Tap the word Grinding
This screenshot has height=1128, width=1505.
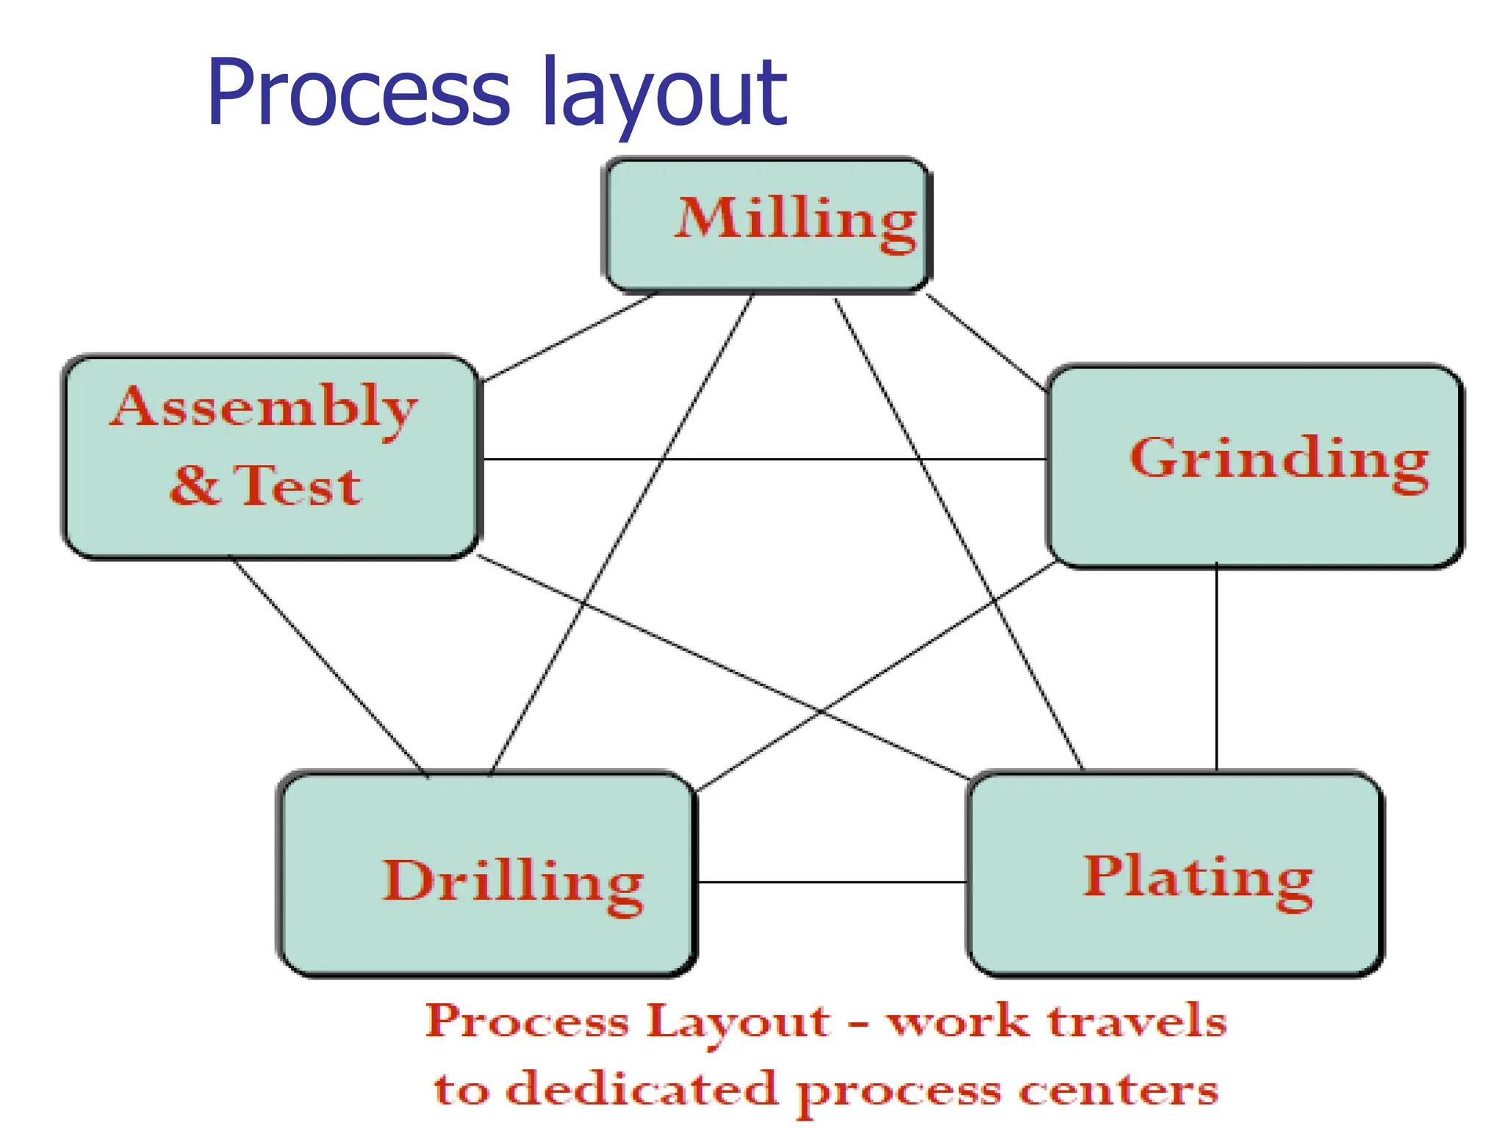click(x=1279, y=459)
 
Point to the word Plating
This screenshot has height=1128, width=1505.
click(x=1198, y=877)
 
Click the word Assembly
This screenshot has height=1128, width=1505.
click(x=264, y=408)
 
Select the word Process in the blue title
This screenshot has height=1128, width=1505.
click(x=358, y=94)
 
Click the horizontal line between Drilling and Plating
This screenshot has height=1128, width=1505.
click(x=830, y=882)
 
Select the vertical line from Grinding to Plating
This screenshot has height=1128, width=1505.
click(x=1216, y=668)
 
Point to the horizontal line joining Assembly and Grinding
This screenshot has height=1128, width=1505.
click(x=764, y=459)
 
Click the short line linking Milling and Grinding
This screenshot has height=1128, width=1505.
click(x=985, y=341)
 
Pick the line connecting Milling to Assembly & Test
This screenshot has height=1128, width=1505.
click(x=570, y=338)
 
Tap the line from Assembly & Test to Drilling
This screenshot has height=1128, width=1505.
click(x=331, y=667)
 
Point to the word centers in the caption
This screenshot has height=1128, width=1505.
click(x=1117, y=1091)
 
